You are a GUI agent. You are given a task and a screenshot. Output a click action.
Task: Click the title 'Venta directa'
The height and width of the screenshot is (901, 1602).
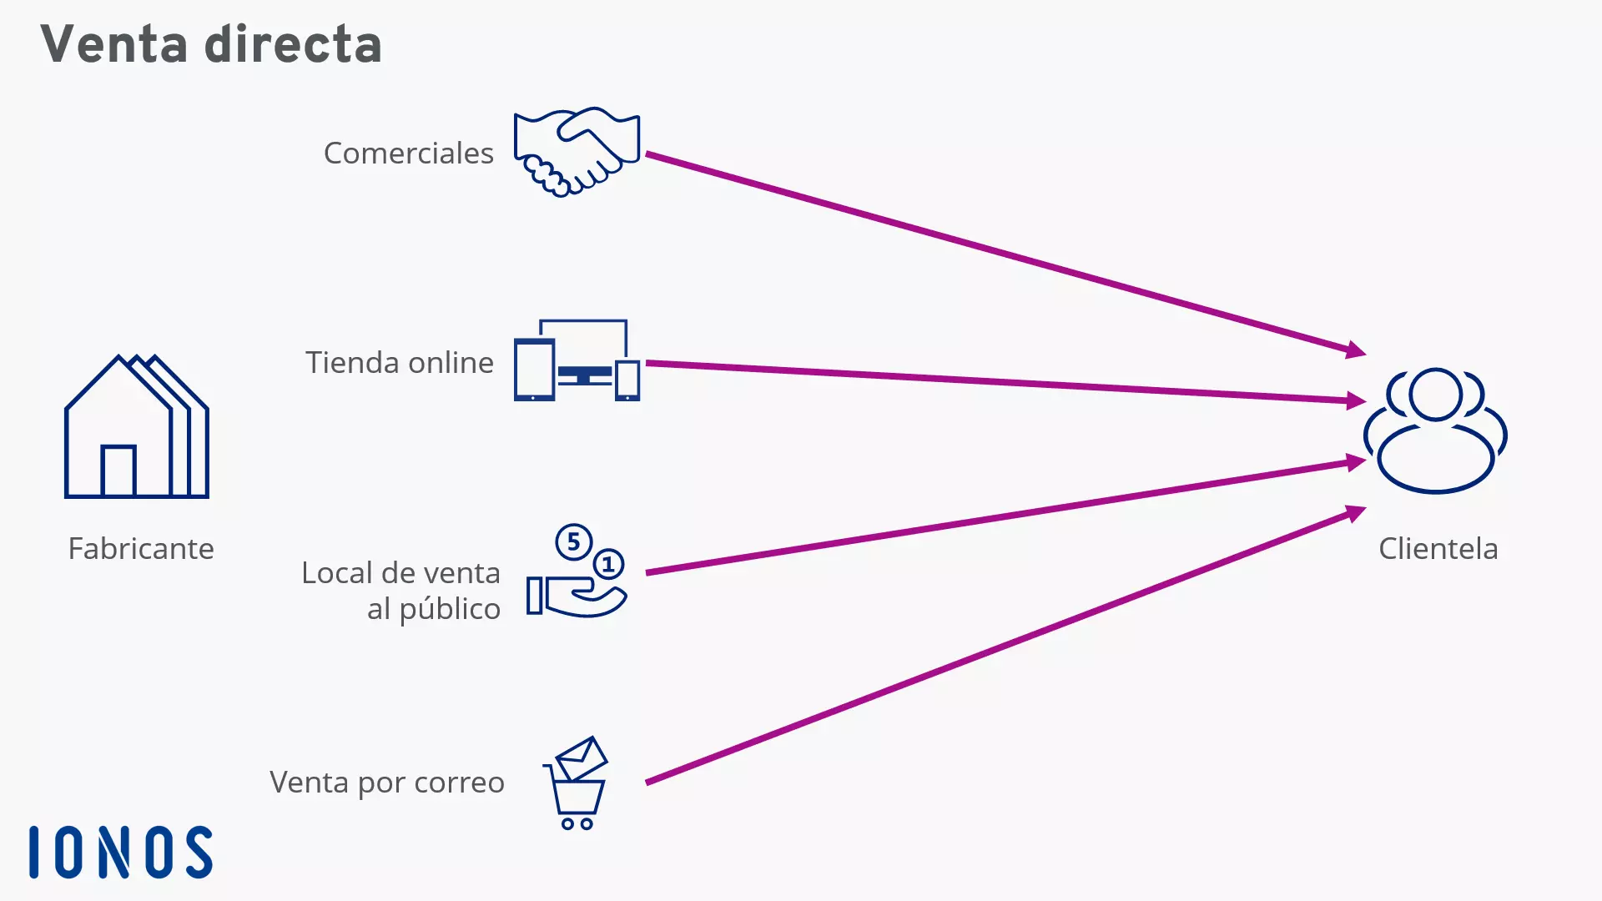coord(211,44)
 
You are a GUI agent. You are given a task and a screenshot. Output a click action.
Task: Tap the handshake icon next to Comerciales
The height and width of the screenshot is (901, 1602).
coord(577,151)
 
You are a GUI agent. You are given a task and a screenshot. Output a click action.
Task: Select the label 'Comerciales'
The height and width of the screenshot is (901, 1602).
coord(408,154)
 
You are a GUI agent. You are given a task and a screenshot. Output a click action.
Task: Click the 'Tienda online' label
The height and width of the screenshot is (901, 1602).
coord(399,363)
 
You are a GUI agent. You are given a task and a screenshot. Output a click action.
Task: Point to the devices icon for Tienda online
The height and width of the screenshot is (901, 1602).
coord(577,361)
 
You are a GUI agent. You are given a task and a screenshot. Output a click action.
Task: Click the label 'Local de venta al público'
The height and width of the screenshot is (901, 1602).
coord(401,591)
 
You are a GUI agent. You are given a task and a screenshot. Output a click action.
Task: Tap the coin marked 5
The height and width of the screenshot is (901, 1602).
coord(573,542)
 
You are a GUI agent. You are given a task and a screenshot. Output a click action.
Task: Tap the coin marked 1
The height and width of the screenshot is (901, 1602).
coord(608,565)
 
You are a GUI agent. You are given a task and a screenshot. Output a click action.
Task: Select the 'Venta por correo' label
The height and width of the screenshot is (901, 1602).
coord(386,783)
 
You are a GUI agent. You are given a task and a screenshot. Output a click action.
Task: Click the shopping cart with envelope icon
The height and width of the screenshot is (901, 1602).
coord(576,784)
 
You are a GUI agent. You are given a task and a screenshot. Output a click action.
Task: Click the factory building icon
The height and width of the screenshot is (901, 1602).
coord(137,427)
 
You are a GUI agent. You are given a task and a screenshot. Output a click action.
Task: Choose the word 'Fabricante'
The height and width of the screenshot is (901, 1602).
coord(141,549)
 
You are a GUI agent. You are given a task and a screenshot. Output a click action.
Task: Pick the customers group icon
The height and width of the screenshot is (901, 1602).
coord(1435,430)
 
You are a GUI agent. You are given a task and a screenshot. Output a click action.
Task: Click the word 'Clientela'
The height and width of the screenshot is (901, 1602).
coord(1438,549)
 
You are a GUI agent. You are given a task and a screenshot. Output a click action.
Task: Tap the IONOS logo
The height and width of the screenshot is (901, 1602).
coord(121,853)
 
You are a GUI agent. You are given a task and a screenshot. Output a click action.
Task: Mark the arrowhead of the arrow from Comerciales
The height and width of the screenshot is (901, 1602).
coord(1356,350)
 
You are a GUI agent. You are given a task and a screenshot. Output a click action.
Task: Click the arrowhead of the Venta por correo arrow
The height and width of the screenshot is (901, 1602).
coord(1356,512)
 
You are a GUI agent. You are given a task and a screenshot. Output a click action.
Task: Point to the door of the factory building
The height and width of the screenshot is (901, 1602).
coord(118,471)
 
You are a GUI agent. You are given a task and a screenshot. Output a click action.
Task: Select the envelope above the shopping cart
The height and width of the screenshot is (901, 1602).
coord(582,758)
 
